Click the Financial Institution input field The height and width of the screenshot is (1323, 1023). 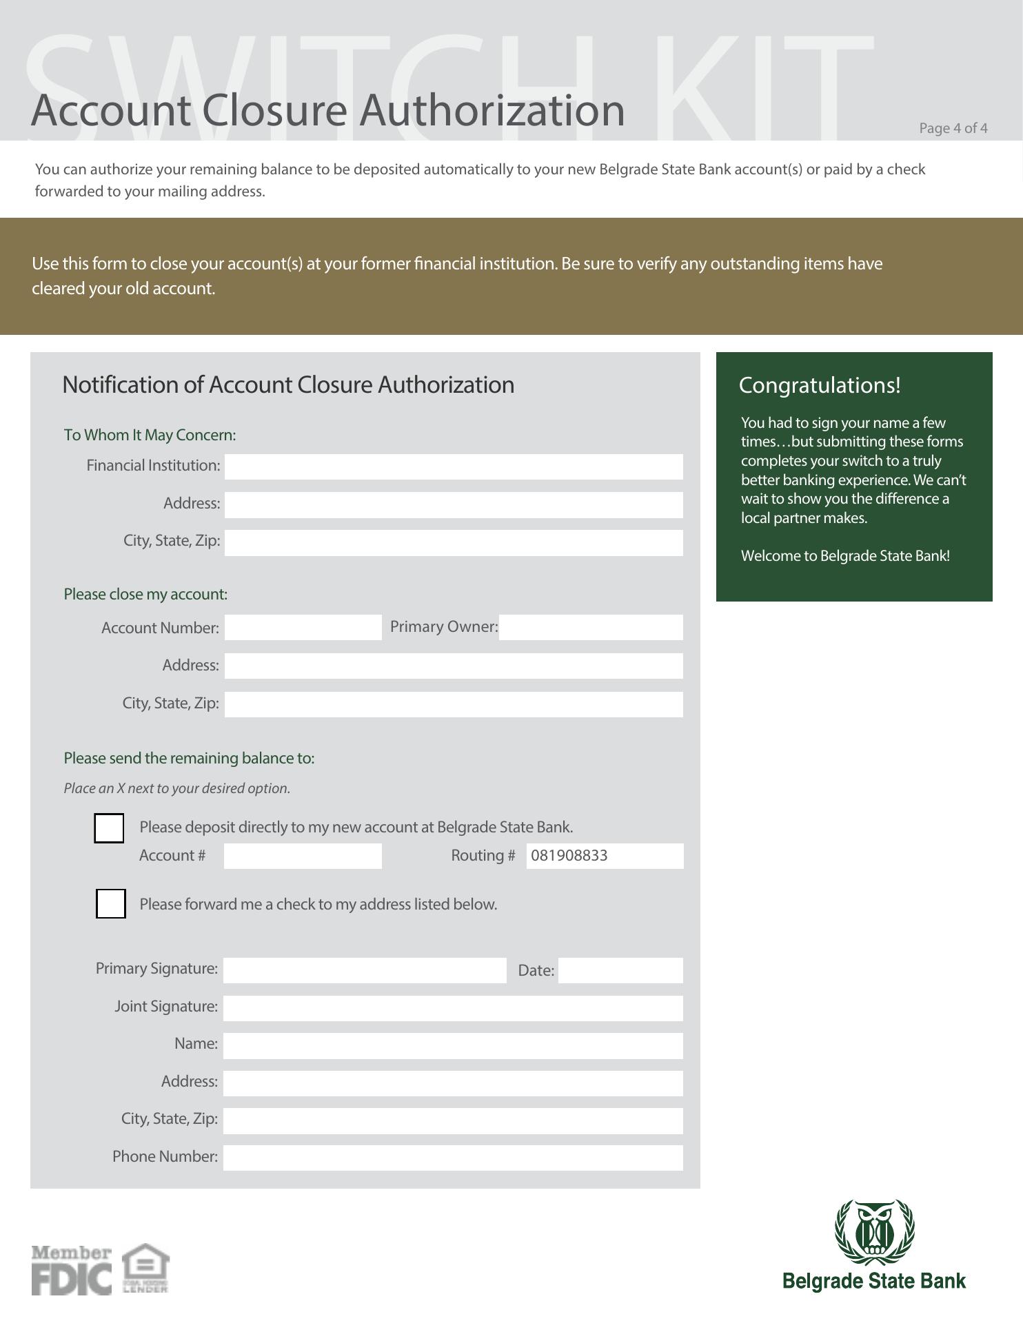point(453,466)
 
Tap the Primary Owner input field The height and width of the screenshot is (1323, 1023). point(590,627)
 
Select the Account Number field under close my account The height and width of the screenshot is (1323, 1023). point(303,627)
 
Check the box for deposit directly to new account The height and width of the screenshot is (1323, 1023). point(109,828)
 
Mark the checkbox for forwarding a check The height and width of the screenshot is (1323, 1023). point(110,903)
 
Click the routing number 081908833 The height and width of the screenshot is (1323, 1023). point(569,856)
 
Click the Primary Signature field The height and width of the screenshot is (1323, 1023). point(364,970)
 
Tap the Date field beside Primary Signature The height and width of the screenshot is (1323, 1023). point(620,970)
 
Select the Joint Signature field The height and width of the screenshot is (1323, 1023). point(453,1008)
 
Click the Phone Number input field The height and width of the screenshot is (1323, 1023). point(453,1158)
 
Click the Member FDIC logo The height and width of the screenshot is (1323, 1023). point(71,1270)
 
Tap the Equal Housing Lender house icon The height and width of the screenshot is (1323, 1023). point(145,1267)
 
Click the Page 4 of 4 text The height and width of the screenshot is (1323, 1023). point(953,128)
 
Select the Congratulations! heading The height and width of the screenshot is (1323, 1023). point(819,385)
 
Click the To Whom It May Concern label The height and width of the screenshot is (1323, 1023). point(150,435)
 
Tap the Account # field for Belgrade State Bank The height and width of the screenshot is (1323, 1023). point(302,856)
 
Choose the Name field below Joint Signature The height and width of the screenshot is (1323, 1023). point(453,1045)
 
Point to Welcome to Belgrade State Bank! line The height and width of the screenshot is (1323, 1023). point(845,556)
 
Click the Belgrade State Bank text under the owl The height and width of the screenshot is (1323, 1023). point(874,1282)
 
